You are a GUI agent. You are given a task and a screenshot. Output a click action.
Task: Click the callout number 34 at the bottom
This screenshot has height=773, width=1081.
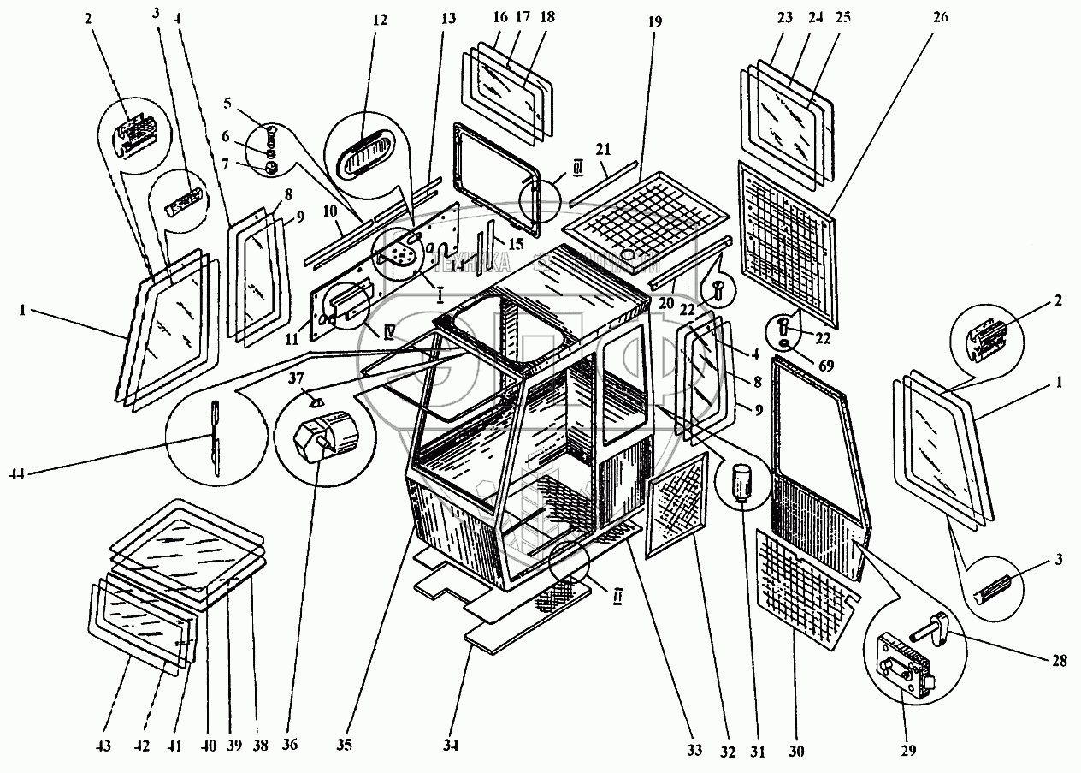click(452, 745)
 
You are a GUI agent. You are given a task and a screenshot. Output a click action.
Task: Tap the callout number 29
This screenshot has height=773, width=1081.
click(907, 752)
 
